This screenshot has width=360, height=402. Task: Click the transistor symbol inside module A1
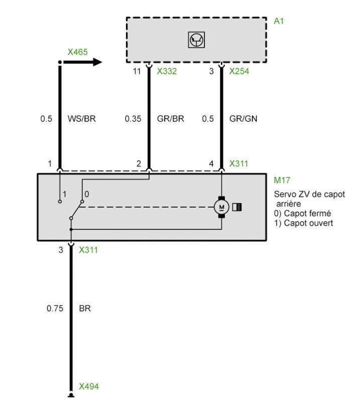(x=196, y=40)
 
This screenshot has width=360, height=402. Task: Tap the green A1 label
(x=279, y=21)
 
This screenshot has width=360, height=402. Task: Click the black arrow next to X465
(x=82, y=62)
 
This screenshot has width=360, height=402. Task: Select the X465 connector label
(x=78, y=52)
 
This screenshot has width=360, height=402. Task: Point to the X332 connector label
(x=167, y=71)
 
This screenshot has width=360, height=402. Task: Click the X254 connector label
(x=239, y=71)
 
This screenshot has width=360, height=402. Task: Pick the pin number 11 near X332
(x=137, y=71)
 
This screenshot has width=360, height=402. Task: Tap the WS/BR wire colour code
(x=81, y=119)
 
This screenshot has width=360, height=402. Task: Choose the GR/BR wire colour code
(x=170, y=119)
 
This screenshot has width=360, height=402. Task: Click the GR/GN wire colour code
(x=243, y=119)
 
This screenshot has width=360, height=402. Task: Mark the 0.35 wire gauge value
(x=133, y=119)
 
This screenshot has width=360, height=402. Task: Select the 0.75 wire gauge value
(x=55, y=308)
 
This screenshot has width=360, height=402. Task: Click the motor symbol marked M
(x=221, y=207)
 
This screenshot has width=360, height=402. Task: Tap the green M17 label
(x=282, y=180)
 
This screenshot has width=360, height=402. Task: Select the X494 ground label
(x=89, y=386)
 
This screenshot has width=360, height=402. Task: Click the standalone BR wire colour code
(x=85, y=308)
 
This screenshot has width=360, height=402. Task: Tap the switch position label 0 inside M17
(x=86, y=194)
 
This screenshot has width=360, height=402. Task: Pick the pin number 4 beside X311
(x=211, y=164)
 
